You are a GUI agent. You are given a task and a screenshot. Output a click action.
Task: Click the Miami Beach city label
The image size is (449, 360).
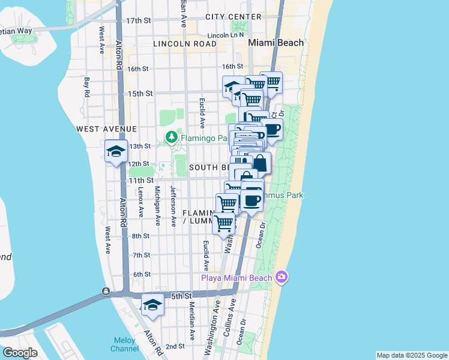(x=276, y=43)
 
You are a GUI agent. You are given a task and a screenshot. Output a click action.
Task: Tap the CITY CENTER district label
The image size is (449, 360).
(x=231, y=17)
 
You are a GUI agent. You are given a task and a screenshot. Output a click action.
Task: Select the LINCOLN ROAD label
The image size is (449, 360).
(x=184, y=44)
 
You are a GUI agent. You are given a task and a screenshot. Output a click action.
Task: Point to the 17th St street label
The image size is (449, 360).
(x=137, y=20)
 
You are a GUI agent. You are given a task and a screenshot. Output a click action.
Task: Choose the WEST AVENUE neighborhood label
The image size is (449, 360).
(x=107, y=129)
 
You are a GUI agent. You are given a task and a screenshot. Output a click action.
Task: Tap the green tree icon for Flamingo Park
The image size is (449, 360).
(x=172, y=137)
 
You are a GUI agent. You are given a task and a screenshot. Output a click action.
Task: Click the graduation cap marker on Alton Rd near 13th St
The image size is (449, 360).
(x=116, y=151)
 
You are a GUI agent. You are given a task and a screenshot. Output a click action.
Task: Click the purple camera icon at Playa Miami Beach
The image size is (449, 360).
(x=281, y=277)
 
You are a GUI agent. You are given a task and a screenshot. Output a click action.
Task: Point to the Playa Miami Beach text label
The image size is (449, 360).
(x=235, y=278)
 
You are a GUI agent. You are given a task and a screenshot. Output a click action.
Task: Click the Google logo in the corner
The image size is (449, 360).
(x=20, y=353)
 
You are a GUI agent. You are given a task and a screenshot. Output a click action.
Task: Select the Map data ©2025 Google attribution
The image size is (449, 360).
(x=411, y=355)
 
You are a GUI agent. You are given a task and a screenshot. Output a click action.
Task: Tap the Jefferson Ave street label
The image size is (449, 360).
(x=173, y=206)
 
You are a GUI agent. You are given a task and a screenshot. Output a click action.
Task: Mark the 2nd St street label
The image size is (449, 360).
(x=175, y=346)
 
